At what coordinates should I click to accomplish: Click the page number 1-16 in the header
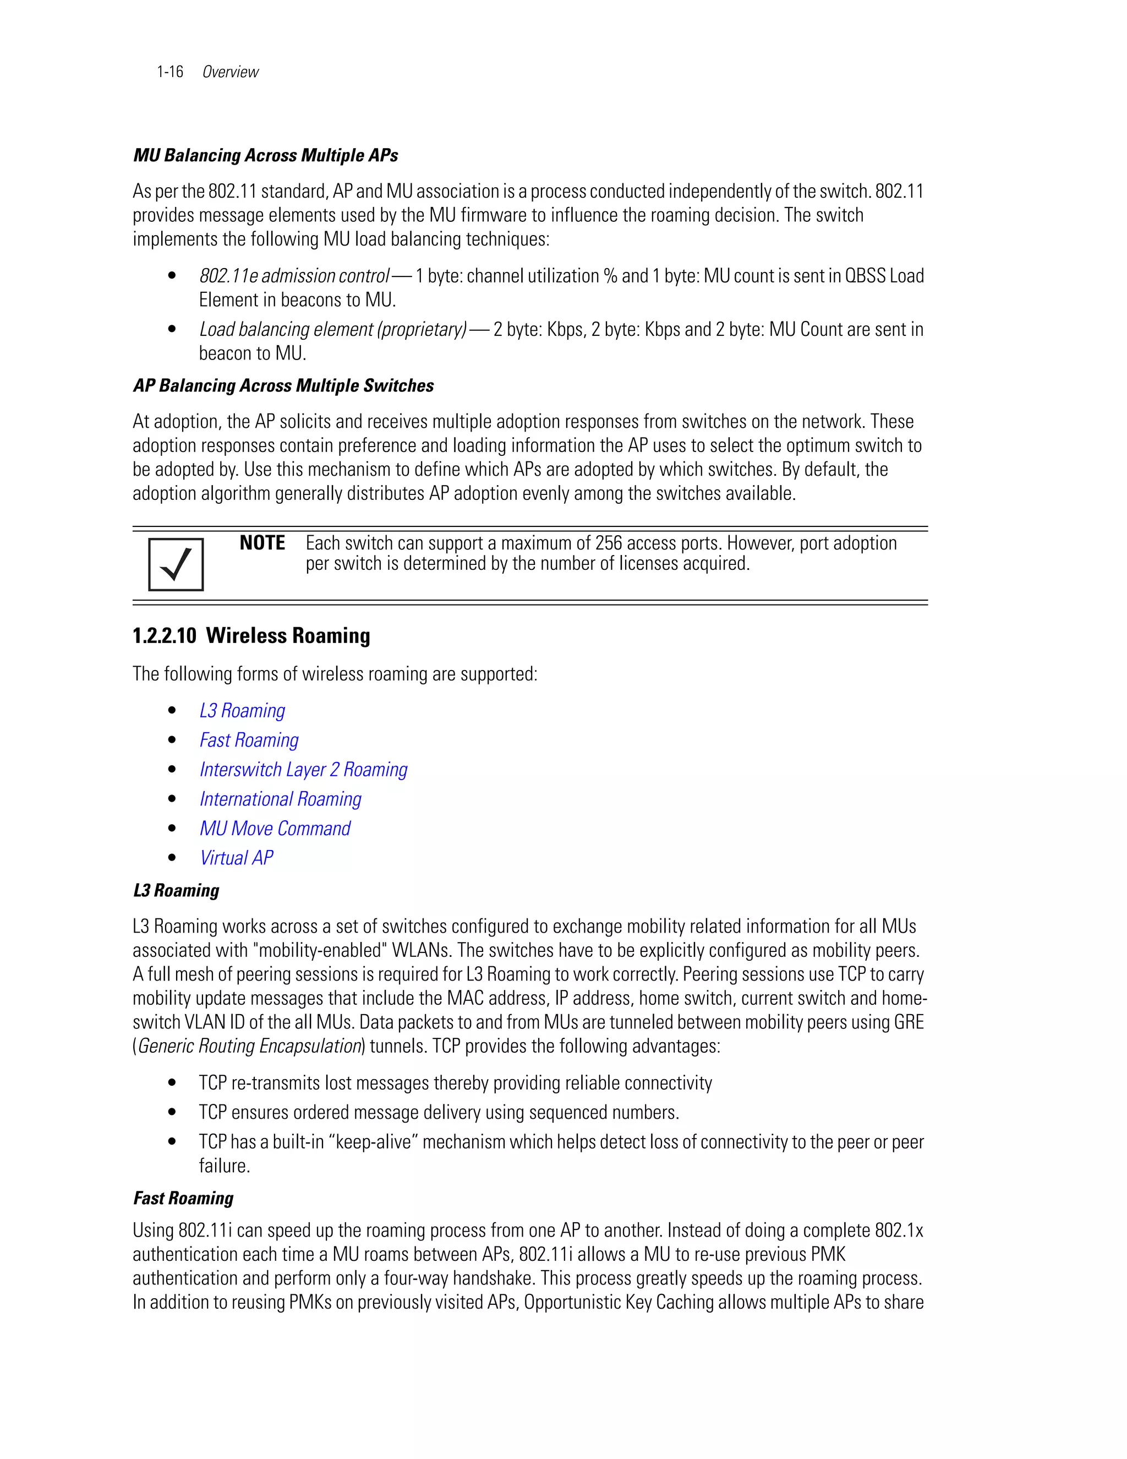pyautogui.click(x=169, y=72)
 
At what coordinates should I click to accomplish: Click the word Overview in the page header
pyautogui.click(x=231, y=72)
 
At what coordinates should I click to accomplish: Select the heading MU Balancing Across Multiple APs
pyautogui.click(x=265, y=155)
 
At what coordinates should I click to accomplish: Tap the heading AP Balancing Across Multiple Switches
pyautogui.click(x=283, y=385)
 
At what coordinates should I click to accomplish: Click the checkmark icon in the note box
pyautogui.click(x=176, y=564)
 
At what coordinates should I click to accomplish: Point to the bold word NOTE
pyautogui.click(x=262, y=542)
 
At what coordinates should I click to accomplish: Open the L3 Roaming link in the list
pyautogui.click(x=242, y=710)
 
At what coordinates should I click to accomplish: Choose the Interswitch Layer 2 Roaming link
pyautogui.click(x=303, y=769)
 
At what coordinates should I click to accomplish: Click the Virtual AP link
pyautogui.click(x=236, y=857)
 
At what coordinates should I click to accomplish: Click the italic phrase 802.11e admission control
pyautogui.click(x=294, y=276)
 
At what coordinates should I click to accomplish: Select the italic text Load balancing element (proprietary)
pyautogui.click(x=332, y=329)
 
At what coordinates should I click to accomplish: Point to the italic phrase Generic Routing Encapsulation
pyautogui.click(x=249, y=1046)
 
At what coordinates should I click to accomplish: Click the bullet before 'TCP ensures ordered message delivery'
pyautogui.click(x=172, y=1112)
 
